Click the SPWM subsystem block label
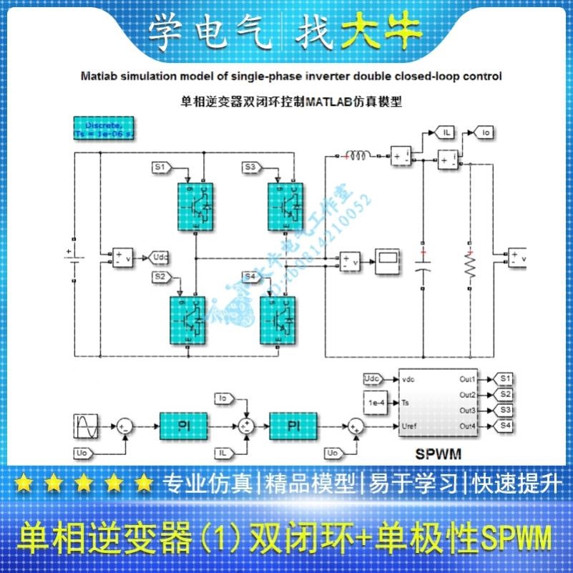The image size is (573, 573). click(438, 453)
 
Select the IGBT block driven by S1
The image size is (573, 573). click(195, 205)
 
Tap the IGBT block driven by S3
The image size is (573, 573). click(285, 205)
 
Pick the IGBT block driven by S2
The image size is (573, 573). click(187, 320)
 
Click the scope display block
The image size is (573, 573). click(389, 262)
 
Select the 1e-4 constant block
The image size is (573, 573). click(378, 403)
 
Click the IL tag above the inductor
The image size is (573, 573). click(446, 133)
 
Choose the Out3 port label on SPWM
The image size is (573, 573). click(468, 411)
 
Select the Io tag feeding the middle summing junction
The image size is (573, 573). click(223, 397)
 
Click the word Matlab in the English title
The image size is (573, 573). click(98, 76)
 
